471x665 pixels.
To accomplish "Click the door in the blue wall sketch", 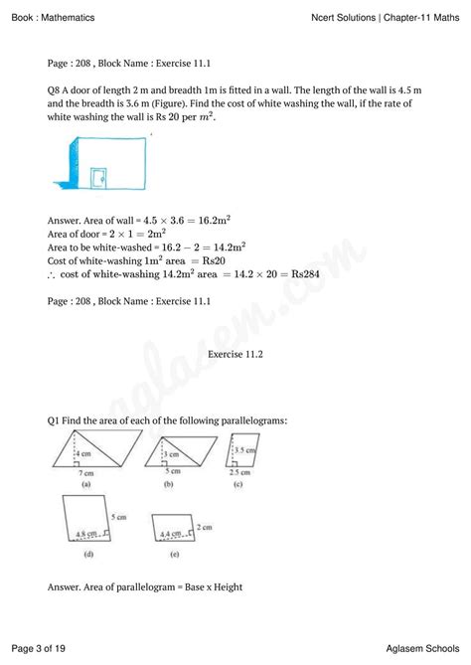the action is [x=98, y=179].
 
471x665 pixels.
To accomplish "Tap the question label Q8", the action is [x=56, y=88].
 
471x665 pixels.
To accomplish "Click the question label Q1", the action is [x=56, y=420].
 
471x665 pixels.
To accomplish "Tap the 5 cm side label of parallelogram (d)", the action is [x=118, y=517].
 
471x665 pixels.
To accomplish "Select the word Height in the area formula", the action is [x=223, y=586].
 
